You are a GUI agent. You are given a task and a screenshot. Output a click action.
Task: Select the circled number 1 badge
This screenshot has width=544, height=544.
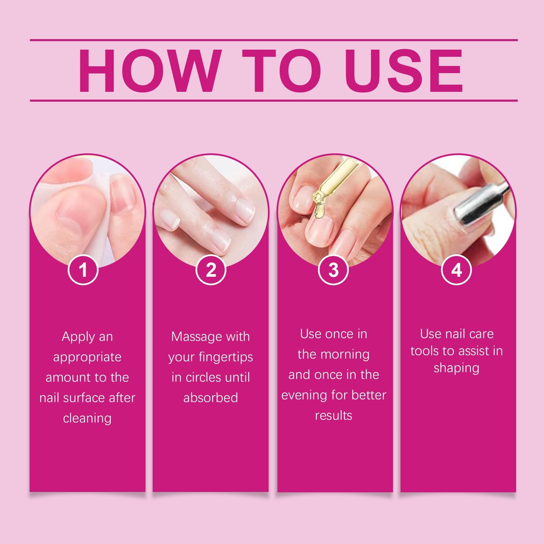point(83,270)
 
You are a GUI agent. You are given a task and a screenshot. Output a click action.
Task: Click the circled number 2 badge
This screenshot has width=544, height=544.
point(211,270)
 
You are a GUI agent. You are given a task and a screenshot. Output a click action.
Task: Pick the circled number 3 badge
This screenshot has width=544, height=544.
point(334,270)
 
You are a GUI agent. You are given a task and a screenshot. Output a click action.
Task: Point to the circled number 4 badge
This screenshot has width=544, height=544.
point(456,270)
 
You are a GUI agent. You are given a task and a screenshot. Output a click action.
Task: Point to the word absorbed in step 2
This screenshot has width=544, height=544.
point(211,398)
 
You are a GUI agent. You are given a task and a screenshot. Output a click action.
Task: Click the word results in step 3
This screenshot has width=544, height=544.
point(334,415)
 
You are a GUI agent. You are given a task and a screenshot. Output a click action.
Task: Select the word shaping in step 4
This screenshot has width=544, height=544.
point(457,369)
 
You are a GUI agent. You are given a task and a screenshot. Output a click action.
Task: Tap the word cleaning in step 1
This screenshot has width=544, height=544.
point(87,419)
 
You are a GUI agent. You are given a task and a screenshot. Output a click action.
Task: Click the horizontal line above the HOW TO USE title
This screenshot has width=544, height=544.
point(274,40)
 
